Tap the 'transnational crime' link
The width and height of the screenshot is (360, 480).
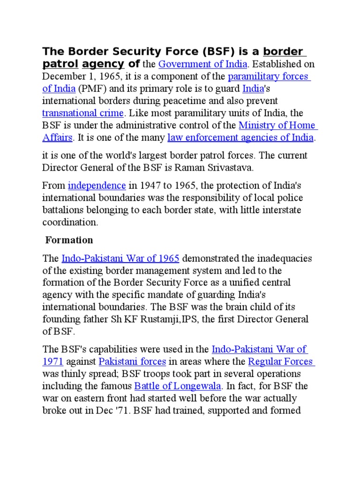tap(82, 113)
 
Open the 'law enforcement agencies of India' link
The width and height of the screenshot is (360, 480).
tap(240, 137)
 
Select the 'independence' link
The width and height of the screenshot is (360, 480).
tap(97, 185)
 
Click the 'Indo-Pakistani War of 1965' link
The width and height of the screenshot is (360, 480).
tap(121, 258)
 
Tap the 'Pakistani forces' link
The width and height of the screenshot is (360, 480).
tap(132, 361)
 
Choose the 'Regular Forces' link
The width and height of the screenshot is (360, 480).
tap(280, 361)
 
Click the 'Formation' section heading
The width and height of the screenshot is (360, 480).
tap(69, 240)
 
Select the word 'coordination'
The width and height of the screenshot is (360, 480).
tap(69, 222)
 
